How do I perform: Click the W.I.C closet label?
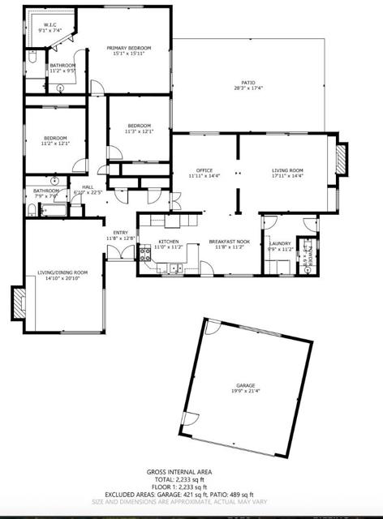coord(52,25)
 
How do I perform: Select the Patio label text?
coord(248,82)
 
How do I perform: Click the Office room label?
coord(204,170)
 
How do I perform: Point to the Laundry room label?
coord(280,243)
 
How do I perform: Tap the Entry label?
coord(120,233)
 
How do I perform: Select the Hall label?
coord(87,187)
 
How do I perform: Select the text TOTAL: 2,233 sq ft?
coord(191,479)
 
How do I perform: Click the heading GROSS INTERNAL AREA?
coord(191,472)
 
